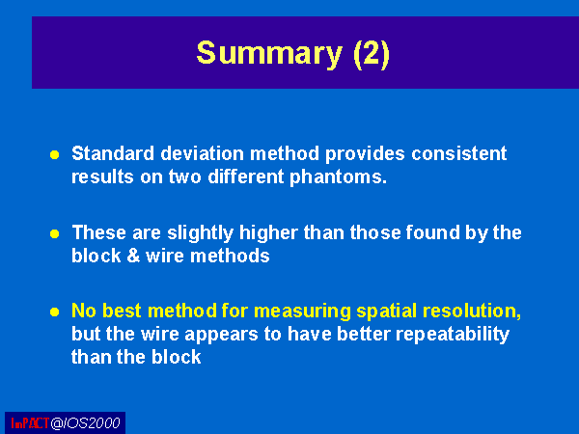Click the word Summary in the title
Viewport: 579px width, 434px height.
270,54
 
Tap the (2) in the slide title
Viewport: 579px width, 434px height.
372,54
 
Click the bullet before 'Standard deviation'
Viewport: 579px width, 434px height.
55,154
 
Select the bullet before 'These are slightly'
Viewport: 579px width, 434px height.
55,234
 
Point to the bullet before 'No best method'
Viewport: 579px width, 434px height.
55,312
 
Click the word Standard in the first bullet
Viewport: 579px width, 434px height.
113,153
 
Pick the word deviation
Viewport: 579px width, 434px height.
203,153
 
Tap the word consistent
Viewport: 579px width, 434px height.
459,153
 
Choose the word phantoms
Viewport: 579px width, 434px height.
338,177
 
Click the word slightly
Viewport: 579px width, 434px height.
200,233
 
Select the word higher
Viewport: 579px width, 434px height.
268,232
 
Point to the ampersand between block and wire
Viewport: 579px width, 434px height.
133,256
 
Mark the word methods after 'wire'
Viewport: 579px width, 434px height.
230,256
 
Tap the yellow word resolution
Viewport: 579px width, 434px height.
472,312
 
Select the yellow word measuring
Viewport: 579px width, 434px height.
302,312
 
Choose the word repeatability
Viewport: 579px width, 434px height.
453,335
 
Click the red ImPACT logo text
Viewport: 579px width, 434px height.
30,423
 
